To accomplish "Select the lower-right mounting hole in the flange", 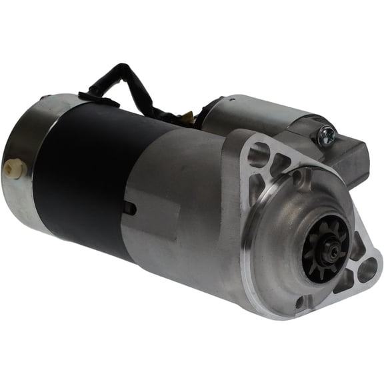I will point(367,270).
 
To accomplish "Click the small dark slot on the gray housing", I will point(130,209).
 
